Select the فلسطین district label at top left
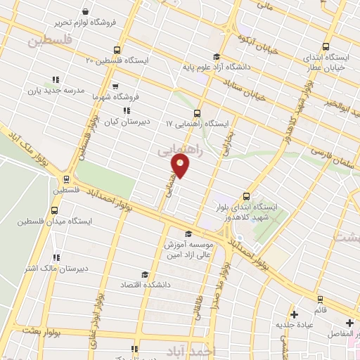51,41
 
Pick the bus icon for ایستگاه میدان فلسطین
54,210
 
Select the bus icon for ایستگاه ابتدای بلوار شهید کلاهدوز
246,196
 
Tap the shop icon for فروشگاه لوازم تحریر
85,12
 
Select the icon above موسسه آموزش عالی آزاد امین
188,234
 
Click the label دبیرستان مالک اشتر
55,268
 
